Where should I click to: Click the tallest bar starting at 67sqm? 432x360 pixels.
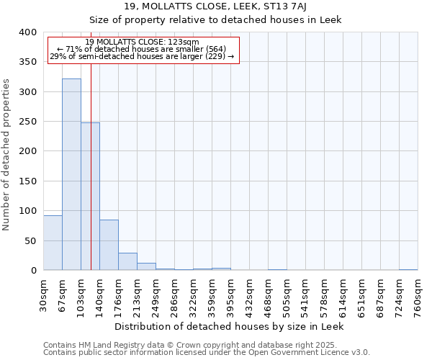tap(71, 174)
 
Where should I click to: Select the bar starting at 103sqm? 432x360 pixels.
tap(90, 196)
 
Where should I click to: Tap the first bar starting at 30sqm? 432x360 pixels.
tap(53, 243)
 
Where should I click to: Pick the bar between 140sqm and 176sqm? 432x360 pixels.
tap(109, 245)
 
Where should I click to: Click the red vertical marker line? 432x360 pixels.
tap(91, 144)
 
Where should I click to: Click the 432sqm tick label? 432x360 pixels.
tap(249, 295)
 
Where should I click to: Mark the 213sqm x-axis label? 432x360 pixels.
tap(137, 295)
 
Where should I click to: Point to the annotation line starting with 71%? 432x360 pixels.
tap(142, 49)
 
